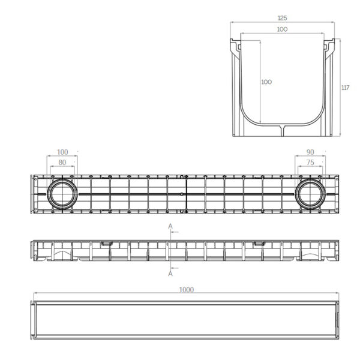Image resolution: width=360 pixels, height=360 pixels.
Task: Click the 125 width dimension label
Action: coord(282,18)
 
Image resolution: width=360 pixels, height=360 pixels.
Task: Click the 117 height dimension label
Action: coord(346,88)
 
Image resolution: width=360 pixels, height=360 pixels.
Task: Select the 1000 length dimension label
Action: coord(187,290)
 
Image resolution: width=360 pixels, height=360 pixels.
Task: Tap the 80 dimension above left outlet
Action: coord(62,163)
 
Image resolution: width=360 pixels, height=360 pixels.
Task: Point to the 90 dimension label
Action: coord(310,152)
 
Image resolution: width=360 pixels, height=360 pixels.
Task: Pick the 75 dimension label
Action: coord(310,163)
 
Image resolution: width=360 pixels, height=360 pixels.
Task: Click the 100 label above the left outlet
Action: coord(62,152)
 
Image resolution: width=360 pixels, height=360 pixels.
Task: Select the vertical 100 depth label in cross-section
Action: coord(266,82)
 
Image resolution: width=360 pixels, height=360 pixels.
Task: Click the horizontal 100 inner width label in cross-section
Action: coord(282,29)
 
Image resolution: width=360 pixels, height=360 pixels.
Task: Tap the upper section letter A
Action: coord(170,227)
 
